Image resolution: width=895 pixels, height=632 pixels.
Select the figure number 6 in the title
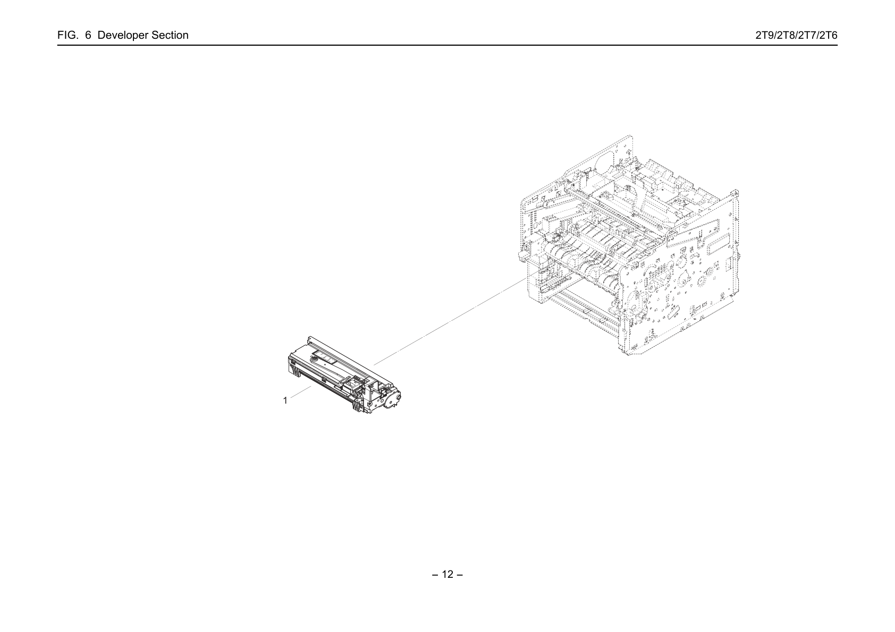(88, 35)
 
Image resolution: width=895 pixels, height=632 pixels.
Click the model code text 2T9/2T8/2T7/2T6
(796, 35)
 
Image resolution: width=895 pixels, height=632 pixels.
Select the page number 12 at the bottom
(448, 574)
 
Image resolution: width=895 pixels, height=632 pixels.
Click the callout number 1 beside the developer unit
(285, 400)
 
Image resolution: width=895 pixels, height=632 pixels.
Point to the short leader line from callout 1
(300, 392)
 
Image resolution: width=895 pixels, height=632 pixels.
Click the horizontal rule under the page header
(448, 45)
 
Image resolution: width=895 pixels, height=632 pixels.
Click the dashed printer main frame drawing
(629, 245)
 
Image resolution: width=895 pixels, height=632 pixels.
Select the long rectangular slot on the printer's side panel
(719, 244)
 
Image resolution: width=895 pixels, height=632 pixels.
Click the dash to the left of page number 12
(435, 575)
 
